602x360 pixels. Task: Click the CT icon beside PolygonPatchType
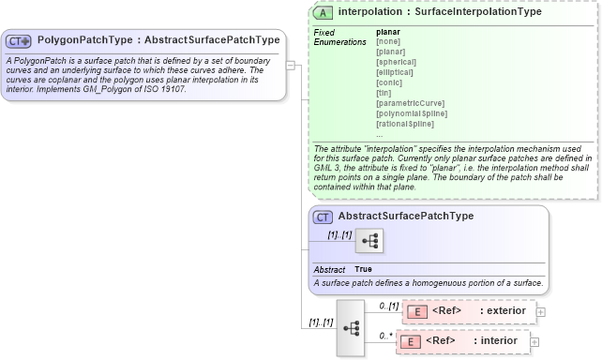tap(18, 41)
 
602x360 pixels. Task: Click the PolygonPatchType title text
tap(158, 40)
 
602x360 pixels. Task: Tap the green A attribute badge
tap(324, 13)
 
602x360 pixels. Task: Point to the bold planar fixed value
tap(387, 32)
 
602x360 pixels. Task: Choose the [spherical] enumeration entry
tap(398, 60)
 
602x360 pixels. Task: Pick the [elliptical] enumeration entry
tap(397, 71)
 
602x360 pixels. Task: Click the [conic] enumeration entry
tap(390, 82)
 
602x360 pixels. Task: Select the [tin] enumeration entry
tap(384, 92)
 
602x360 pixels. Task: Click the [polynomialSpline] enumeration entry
tap(411, 112)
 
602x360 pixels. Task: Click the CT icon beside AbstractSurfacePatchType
tap(323, 217)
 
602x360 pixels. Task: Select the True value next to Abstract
tap(363, 269)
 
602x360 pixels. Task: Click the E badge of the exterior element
tap(418, 311)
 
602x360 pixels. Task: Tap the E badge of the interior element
tap(410, 341)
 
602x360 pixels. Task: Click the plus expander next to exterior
tap(540, 311)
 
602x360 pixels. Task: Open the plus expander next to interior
tap(534, 341)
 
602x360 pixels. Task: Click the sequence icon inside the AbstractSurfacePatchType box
tap(369, 241)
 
